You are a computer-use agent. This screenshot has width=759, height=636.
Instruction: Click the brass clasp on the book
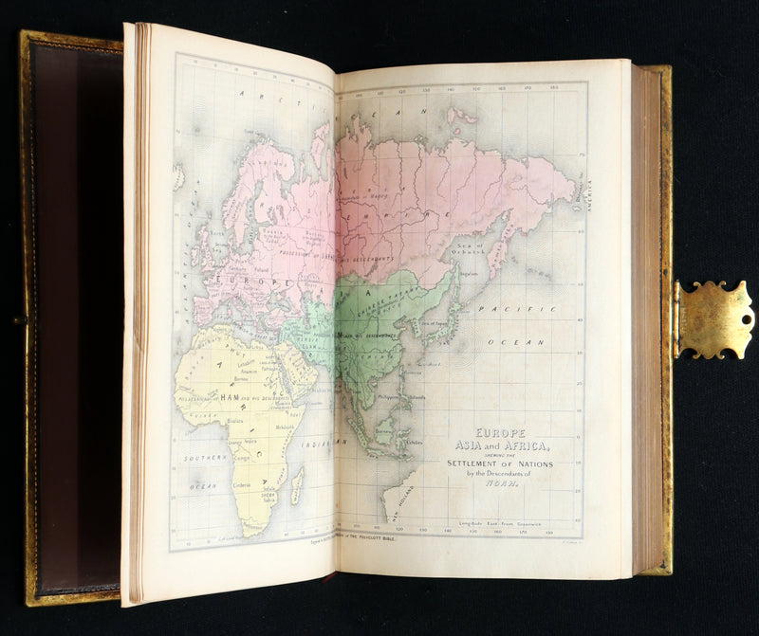click(713, 319)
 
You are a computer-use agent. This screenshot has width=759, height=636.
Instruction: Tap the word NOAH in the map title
click(497, 482)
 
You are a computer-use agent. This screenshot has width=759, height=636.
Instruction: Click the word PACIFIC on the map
click(502, 310)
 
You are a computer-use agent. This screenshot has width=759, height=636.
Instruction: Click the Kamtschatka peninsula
click(500, 237)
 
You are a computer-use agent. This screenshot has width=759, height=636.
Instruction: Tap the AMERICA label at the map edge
click(587, 194)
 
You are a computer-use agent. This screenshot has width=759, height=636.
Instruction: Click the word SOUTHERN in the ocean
click(205, 457)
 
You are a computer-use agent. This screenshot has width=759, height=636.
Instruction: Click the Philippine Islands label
click(403, 397)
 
